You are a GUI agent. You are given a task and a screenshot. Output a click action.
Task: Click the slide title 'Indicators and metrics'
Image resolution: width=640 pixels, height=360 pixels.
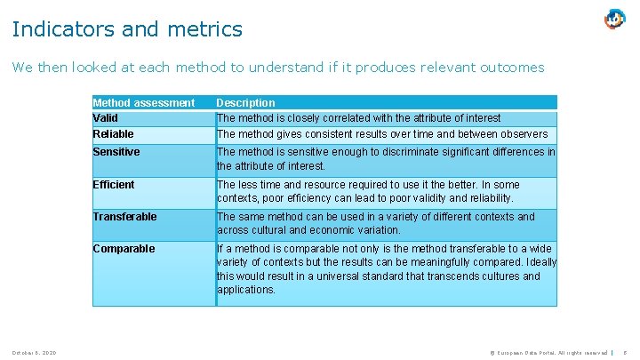127,29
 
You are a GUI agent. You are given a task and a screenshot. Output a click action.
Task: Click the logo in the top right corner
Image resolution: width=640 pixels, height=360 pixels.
614,19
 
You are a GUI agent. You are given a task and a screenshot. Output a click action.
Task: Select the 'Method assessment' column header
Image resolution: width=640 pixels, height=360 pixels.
143,102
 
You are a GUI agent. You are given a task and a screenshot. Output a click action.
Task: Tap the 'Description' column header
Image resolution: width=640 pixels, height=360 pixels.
246,102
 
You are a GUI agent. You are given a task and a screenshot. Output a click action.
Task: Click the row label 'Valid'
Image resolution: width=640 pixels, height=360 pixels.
106,117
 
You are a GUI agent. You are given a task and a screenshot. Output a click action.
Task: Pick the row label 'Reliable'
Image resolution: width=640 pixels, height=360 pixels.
113,134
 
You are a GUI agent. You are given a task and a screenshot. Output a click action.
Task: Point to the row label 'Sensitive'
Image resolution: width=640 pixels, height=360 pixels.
116,152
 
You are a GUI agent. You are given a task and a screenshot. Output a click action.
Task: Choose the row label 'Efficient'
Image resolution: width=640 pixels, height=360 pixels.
114,185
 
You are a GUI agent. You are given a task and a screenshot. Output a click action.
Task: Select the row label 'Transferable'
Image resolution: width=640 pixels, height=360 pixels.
124,217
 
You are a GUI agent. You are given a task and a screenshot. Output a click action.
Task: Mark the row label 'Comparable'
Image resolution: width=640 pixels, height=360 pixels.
124,249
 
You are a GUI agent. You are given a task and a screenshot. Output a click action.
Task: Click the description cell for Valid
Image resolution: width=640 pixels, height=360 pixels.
359,117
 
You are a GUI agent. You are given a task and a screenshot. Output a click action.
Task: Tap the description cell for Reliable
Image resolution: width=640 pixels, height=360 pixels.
382,134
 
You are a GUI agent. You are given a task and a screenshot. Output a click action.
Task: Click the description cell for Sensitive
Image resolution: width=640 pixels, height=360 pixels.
386,159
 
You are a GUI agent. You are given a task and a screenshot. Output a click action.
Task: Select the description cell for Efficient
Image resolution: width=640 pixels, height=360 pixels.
369,191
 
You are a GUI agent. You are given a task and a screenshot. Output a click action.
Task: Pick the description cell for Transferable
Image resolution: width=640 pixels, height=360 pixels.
376,223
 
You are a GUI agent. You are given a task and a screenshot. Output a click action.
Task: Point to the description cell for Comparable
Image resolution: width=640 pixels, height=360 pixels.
386,269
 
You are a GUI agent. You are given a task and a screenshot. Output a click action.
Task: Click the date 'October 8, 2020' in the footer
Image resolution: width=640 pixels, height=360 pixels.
35,353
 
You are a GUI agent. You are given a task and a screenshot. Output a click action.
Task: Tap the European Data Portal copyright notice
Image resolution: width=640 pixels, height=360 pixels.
541,353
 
